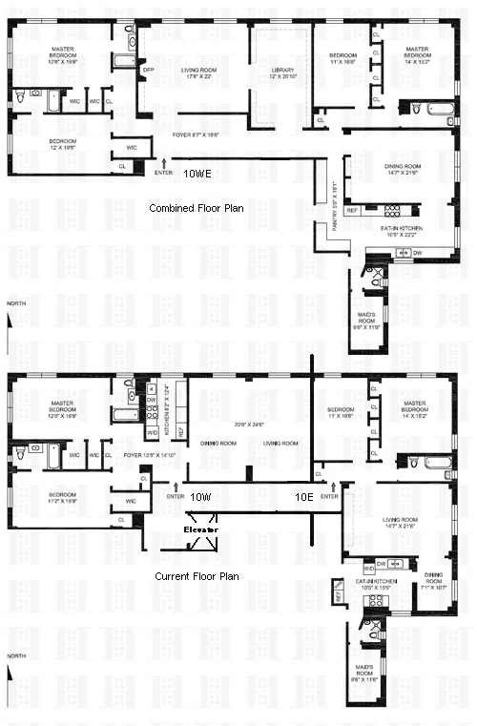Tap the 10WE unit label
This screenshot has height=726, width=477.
[x=199, y=174]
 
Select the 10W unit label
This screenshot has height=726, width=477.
[x=199, y=497]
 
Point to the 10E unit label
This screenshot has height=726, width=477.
[x=303, y=497]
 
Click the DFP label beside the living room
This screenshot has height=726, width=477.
[x=148, y=70]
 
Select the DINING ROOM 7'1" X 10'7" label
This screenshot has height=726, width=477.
[x=434, y=579]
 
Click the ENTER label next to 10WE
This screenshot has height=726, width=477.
[x=164, y=174]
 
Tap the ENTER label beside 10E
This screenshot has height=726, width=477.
[x=329, y=497]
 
